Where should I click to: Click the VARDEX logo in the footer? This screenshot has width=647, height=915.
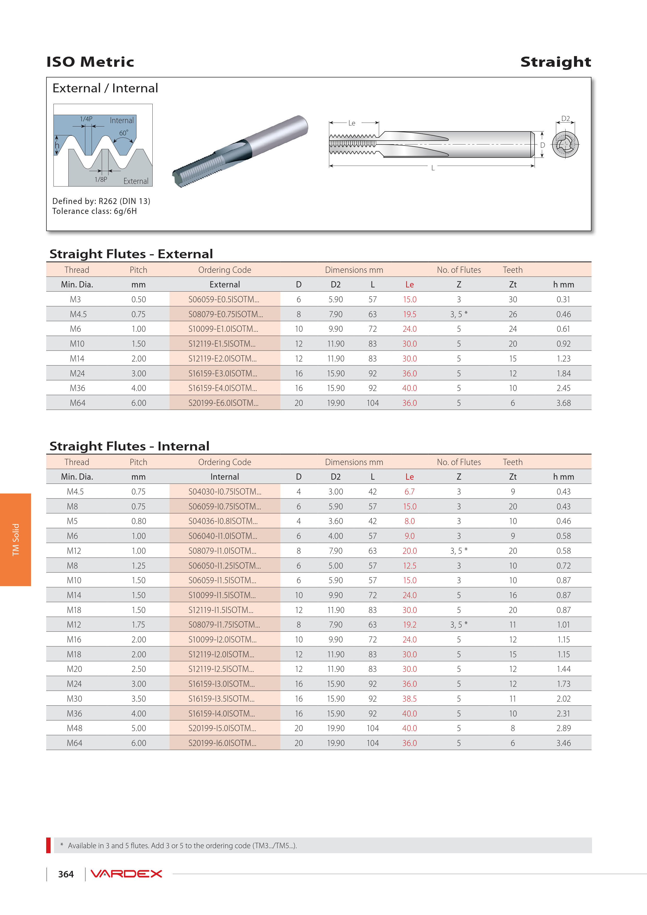coord(126,874)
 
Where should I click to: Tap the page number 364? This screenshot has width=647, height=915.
coord(66,874)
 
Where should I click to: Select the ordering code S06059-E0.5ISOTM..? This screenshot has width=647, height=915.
coord(224,299)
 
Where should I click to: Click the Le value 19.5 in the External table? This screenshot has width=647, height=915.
coord(409,314)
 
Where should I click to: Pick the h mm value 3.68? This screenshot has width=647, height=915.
coord(563,403)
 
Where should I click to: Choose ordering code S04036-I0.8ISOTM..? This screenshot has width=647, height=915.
coord(223,521)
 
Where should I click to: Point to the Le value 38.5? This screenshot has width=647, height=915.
coord(409,699)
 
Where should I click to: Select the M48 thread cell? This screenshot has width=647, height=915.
coord(75,728)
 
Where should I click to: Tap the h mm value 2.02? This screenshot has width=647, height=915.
coord(563,699)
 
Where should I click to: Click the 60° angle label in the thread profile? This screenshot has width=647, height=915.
coord(124,133)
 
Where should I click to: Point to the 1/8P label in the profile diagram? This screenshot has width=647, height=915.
coord(101,179)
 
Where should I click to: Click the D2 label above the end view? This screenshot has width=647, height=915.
coord(565,119)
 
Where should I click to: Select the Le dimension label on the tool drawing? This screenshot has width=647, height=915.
coord(352,123)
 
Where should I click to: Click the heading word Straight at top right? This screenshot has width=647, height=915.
coord(555,62)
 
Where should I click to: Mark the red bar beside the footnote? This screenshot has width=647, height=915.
coord(49,845)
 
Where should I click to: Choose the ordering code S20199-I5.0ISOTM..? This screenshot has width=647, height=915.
coord(222,728)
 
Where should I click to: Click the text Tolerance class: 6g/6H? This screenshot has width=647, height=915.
coord(94,211)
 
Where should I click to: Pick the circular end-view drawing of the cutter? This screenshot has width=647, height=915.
coord(565,144)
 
